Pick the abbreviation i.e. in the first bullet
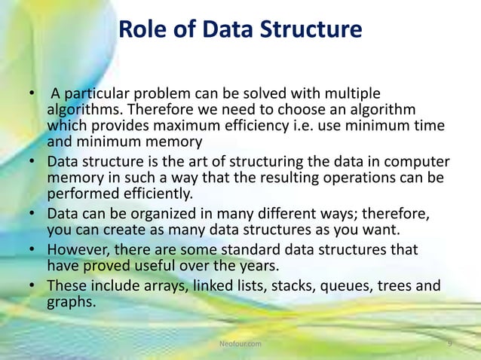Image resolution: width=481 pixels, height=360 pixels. [x=326, y=125]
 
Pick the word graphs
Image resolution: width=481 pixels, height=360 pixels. [x=71, y=302]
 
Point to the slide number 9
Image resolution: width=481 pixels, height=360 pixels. [x=449, y=343]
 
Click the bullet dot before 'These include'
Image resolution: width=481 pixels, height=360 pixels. [x=32, y=286]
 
